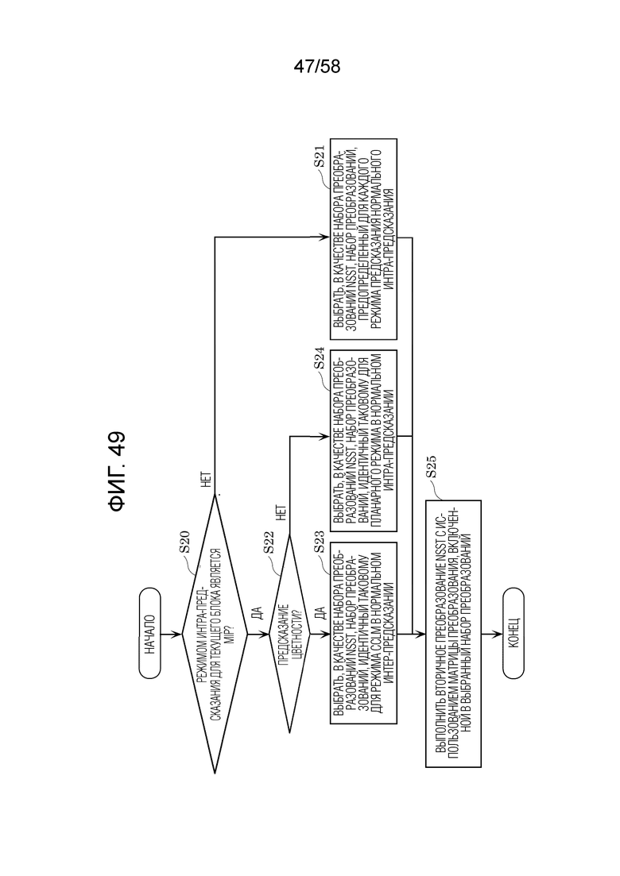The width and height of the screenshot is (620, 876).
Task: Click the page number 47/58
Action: coord(316,67)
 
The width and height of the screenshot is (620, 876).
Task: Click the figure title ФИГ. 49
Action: coord(118,472)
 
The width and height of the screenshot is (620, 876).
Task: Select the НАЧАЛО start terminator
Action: coord(149,634)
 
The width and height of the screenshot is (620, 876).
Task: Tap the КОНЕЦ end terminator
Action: coord(513,634)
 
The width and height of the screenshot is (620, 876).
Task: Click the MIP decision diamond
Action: coord(215,634)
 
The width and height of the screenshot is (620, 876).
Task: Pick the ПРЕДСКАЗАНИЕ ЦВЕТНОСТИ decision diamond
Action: coord(289,634)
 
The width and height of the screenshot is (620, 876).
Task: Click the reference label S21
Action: coord(319,156)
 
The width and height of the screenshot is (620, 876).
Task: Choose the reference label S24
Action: coord(319,358)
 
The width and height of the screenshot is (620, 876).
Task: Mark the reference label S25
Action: coord(431,467)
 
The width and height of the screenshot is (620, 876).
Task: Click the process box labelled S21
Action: coord(363,239)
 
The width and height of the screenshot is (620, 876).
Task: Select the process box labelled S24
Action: coord(363,441)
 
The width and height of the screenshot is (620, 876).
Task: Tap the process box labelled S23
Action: coord(363,634)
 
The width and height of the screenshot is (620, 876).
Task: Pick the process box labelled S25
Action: coord(453,634)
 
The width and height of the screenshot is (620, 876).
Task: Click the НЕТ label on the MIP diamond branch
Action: coord(206,479)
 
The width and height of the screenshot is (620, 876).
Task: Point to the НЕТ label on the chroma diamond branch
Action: coord(281,513)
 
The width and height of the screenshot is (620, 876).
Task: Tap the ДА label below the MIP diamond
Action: coord(258,613)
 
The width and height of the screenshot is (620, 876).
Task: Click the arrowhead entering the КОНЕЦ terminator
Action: coord(498,634)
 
